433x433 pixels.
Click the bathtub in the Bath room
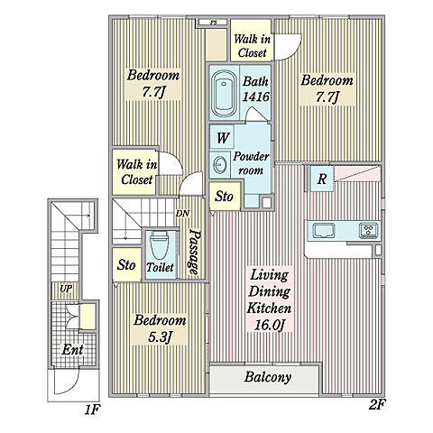click(x=223, y=94)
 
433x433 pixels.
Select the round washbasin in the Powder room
click(x=219, y=164)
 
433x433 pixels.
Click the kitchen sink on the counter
click(x=324, y=231)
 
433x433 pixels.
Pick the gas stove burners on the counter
click(x=368, y=231)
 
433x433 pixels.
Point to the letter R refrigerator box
click(x=322, y=179)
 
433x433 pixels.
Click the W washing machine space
click(x=222, y=138)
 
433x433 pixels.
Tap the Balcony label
click(x=268, y=377)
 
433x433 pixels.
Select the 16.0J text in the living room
click(x=269, y=326)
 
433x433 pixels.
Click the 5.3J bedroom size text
click(x=160, y=337)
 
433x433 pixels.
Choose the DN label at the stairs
click(x=182, y=214)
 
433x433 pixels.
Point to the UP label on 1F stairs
click(x=66, y=289)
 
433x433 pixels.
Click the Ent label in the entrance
click(x=72, y=350)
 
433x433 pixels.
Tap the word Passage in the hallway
click(x=195, y=252)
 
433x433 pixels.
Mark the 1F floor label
click(x=91, y=410)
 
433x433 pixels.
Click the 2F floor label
click(x=377, y=405)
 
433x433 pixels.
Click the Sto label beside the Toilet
click(x=126, y=265)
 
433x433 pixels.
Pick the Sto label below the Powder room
click(x=224, y=197)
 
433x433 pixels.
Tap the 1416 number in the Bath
click(x=256, y=97)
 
